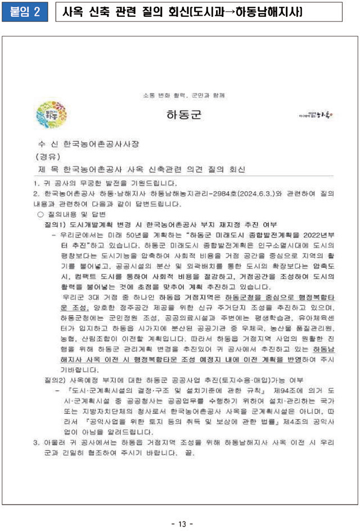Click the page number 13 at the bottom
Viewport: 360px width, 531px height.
[x=182, y=524]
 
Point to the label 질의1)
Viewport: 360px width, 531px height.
[x=56, y=224]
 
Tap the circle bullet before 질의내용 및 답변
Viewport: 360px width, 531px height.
[x=40, y=214]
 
